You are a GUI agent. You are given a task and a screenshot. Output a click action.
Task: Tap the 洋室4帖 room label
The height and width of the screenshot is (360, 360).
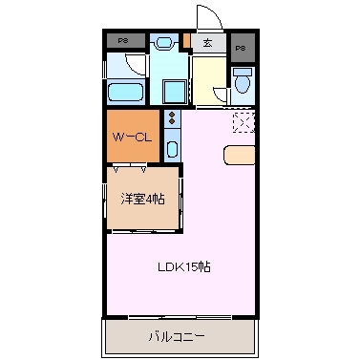tap(141, 200)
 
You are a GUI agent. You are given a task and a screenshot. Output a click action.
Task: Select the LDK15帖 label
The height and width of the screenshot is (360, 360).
tap(183, 267)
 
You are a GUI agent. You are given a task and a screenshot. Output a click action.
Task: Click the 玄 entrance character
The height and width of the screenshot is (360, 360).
tap(208, 42)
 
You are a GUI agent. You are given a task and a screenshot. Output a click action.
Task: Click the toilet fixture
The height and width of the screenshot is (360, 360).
tap(242, 84)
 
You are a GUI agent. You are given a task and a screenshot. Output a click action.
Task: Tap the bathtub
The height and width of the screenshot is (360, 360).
tap(126, 94)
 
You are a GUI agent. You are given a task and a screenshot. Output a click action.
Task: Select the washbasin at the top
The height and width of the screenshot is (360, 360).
tap(163, 42)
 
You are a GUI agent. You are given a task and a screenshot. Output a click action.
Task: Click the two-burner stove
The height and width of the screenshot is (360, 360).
tap(172, 120)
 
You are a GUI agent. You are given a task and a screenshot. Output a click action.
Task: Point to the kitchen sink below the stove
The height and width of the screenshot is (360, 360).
tap(172, 147)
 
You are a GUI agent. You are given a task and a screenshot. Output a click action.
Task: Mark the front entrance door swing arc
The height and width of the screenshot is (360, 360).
tap(206, 16)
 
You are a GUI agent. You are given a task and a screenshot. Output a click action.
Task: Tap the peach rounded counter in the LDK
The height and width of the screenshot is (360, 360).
tap(240, 154)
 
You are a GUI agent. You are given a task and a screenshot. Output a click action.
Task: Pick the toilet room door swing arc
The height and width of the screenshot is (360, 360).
tap(221, 92)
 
